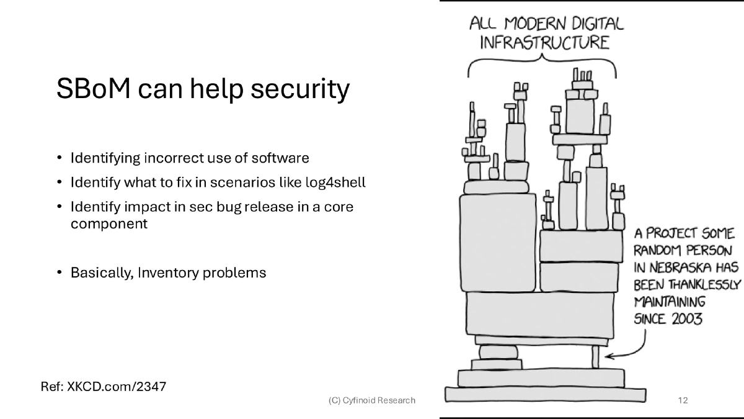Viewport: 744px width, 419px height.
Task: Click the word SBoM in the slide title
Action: pyautogui.click(x=92, y=89)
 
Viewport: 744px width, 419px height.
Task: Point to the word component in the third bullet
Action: pyautogui.click(x=108, y=223)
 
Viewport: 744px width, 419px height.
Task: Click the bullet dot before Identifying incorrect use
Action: pyautogui.click(x=60, y=158)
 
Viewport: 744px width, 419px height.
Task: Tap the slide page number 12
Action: pyautogui.click(x=683, y=400)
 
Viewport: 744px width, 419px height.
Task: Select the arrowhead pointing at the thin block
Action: pyautogui.click(x=608, y=356)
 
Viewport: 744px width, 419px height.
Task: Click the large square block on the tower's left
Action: pyautogui.click(x=498, y=242)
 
